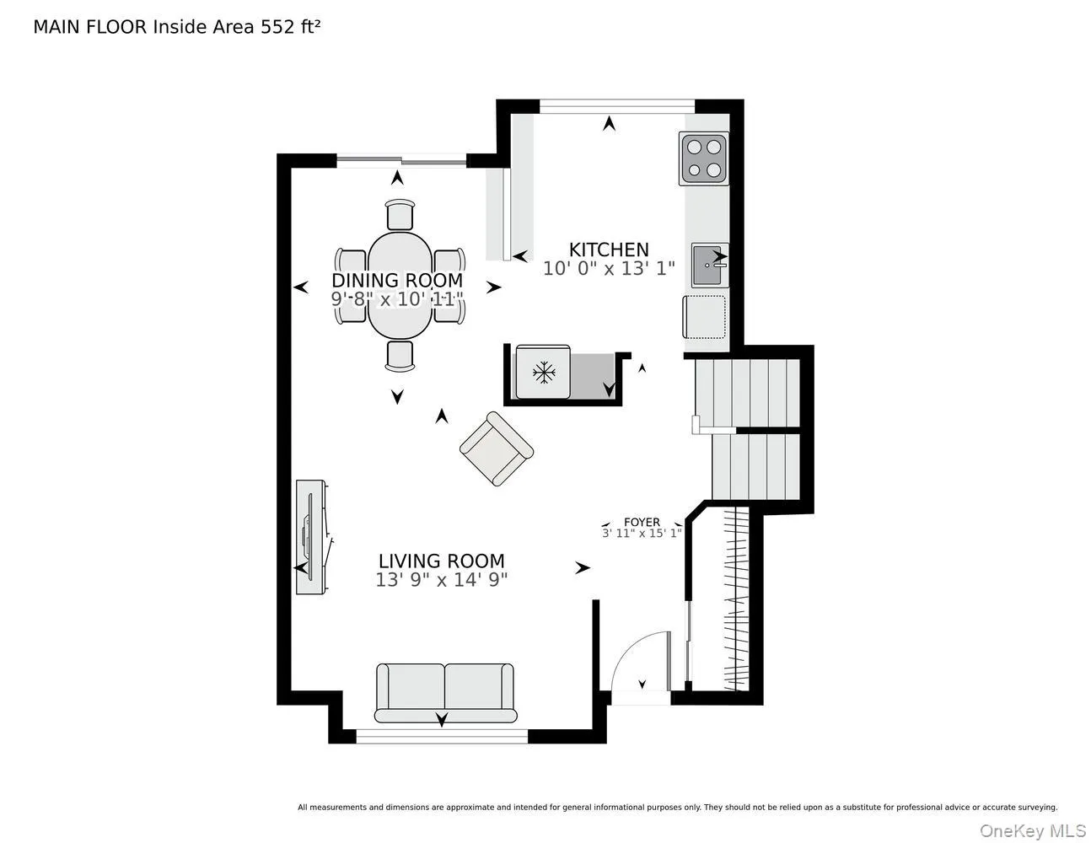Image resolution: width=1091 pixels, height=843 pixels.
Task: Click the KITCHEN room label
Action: tap(609, 250)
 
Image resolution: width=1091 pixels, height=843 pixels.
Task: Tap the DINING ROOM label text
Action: tap(397, 280)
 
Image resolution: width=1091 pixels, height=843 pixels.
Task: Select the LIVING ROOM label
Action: tap(441, 561)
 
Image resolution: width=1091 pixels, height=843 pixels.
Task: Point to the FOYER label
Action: tap(642, 522)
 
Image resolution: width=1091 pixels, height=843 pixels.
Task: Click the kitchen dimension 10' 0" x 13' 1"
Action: tap(609, 268)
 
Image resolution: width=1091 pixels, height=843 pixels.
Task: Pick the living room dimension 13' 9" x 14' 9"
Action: tap(441, 580)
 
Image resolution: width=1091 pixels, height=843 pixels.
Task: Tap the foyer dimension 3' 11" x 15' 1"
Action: tap(642, 533)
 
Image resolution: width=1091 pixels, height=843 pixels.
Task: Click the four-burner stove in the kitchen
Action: tap(703, 158)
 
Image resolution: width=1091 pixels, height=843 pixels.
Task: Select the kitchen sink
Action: tap(709, 265)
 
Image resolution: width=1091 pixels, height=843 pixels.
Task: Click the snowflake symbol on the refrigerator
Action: tap(544, 373)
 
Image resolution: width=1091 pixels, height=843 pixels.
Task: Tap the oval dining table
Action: tap(400, 285)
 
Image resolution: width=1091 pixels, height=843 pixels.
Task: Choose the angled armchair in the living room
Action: tap(496, 448)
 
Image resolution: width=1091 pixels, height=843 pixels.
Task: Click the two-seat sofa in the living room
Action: tap(445, 692)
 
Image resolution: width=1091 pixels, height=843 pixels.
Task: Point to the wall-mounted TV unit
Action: tap(312, 537)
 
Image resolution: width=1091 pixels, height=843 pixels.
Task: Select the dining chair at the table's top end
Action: tap(400, 214)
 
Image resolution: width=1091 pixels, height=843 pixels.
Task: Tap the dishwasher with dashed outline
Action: tap(704, 317)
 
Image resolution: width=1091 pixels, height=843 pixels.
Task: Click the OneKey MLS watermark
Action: tap(1033, 830)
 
